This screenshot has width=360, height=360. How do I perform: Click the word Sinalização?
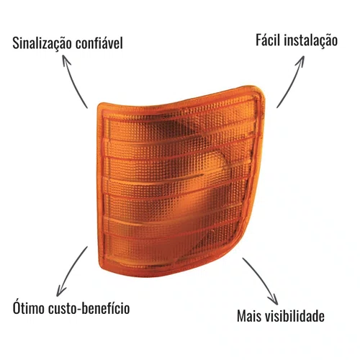(x=42, y=44)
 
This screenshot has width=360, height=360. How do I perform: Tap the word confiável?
(x=99, y=43)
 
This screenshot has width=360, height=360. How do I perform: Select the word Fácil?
(x=268, y=40)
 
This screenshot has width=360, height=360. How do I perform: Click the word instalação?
(x=311, y=40)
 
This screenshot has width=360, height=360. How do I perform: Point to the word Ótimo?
(x=29, y=307)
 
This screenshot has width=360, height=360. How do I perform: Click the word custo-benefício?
(x=89, y=308)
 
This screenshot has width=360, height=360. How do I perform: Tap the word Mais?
(x=249, y=316)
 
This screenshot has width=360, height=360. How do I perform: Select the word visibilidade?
(x=294, y=315)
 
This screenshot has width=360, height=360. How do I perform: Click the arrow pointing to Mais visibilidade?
(x=263, y=279)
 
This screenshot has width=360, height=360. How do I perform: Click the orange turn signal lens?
(x=180, y=182)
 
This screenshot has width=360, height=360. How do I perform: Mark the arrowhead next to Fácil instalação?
(x=301, y=60)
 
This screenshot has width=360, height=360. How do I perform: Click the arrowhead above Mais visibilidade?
(x=274, y=300)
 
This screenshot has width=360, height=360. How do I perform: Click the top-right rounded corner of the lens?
(x=261, y=89)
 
